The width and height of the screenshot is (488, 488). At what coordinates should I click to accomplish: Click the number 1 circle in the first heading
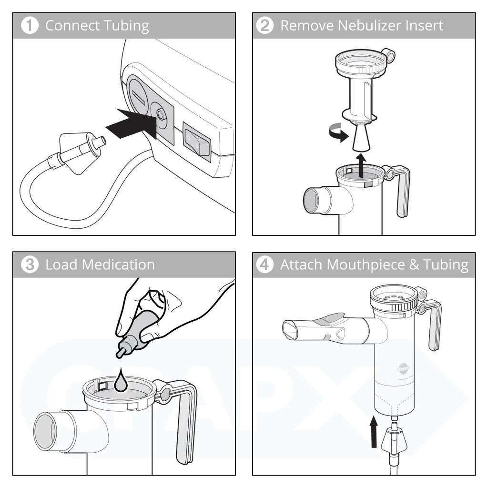pos(30,26)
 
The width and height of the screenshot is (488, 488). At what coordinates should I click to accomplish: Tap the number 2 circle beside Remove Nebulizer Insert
pos(265,26)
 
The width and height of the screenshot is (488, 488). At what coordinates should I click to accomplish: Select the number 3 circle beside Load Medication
pos(30,265)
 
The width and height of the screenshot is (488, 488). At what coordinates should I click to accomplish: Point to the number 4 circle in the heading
pos(265,265)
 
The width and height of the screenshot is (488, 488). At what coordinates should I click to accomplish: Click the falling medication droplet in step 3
pos(121,382)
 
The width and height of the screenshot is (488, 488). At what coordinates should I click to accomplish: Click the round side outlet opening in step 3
pos(45,431)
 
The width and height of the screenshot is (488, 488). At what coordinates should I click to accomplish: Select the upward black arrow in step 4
pos(374,432)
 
